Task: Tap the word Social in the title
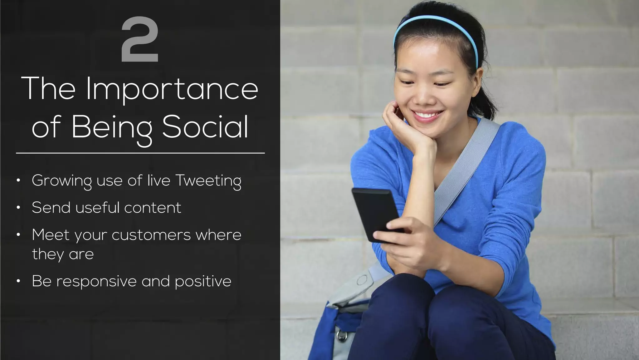point(205,126)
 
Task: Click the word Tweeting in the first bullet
point(208,181)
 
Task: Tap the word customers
point(151,235)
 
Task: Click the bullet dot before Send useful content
point(19,207)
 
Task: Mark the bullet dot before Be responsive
point(19,281)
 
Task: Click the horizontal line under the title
point(140,153)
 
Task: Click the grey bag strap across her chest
point(468,175)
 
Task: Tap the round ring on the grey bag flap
point(362,280)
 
